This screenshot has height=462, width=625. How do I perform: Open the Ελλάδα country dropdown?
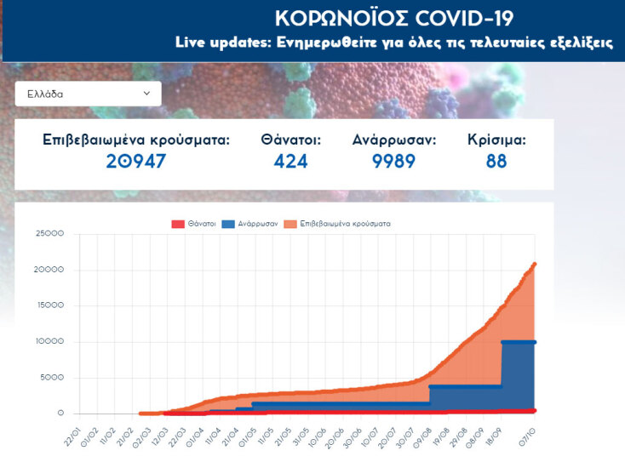click(88, 94)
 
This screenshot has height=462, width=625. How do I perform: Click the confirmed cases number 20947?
click(136, 161)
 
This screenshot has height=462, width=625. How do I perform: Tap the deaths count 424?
click(290, 161)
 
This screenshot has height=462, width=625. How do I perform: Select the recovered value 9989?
click(393, 161)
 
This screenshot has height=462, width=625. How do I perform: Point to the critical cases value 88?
click(496, 161)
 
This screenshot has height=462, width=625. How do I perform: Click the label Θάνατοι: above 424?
click(290, 140)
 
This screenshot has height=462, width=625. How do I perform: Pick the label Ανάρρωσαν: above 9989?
click(393, 140)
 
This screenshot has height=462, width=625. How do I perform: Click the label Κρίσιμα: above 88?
click(496, 140)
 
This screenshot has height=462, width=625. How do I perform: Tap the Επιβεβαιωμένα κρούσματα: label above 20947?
click(136, 140)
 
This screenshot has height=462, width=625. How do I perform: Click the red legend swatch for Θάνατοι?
click(178, 224)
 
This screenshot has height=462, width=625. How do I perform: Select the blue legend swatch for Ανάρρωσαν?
click(228, 224)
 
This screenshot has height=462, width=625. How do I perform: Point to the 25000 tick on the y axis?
click(49, 234)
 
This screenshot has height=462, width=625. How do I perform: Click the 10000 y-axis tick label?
click(49, 342)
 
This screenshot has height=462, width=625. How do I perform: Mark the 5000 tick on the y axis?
click(52, 378)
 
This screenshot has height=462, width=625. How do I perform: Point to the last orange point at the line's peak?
click(535, 264)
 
